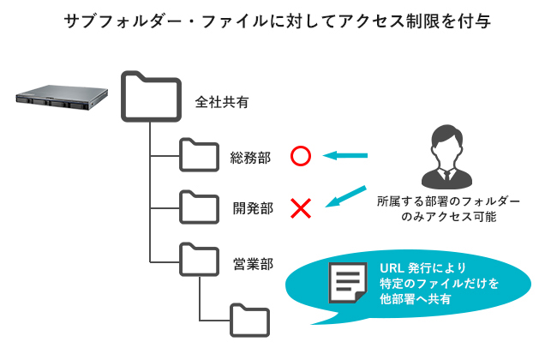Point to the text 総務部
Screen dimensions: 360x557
252,158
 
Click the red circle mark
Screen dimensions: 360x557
300,156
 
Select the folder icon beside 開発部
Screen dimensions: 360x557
200,205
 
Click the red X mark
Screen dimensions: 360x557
300,207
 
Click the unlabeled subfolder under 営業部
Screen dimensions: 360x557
250,319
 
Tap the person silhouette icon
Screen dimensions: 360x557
447,154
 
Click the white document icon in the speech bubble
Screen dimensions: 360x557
348,283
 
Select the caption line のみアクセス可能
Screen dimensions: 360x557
448,217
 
